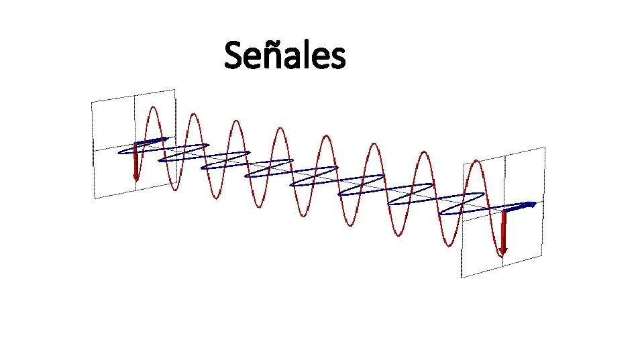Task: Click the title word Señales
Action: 285,56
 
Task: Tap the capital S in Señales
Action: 233,56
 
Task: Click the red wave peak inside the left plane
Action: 154,107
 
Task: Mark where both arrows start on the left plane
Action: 135,144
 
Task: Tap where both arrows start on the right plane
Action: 503,210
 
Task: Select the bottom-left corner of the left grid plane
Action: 95,198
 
